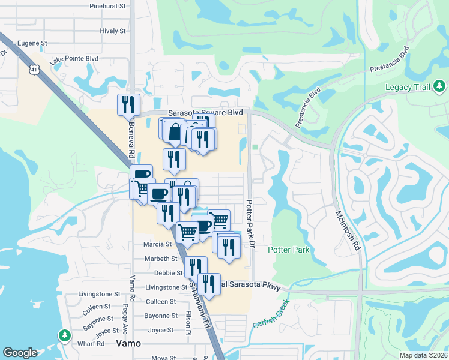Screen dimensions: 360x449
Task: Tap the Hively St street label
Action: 113,31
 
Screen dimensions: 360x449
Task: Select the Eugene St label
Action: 31,43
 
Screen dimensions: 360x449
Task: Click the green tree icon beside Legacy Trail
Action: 440,88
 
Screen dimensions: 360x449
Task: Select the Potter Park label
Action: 289,250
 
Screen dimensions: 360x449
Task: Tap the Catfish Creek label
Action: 268,319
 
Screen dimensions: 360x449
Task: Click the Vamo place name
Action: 127,344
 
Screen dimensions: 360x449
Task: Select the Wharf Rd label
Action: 92,344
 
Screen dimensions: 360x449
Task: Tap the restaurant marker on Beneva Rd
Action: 129,105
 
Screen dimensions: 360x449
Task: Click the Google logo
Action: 20,353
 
